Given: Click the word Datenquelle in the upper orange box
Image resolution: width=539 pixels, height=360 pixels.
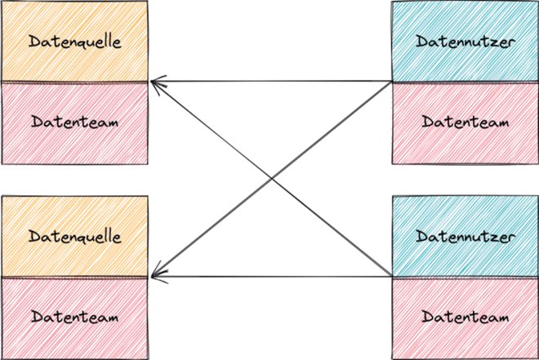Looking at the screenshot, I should pos(74,41).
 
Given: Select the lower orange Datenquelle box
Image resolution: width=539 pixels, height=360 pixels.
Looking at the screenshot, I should pos(74,237).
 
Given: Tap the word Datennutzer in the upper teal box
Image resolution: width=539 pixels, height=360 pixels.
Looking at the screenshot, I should pos(464,41).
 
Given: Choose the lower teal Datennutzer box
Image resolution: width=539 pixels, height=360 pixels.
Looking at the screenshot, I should pos(464,237).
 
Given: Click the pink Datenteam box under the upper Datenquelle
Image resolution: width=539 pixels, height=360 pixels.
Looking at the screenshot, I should pos(74,122).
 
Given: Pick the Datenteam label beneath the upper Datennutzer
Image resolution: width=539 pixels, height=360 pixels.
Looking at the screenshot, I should pos(464,122).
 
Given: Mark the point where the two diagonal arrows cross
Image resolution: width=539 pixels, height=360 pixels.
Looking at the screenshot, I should pos(271,180).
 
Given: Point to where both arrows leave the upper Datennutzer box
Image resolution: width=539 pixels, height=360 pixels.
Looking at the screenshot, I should pos(391,82).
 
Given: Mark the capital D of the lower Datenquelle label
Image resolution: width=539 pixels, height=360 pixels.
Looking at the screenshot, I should pos(33,237).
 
